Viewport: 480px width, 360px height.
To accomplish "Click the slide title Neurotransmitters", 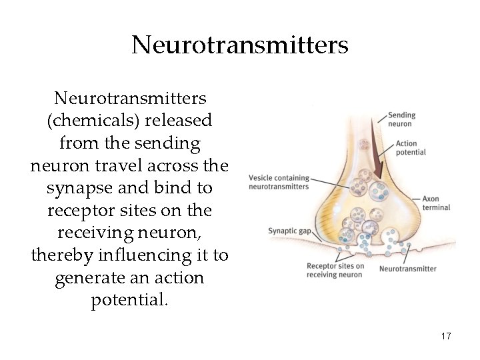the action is click(x=240, y=45).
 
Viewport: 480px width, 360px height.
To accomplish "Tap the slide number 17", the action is click(x=446, y=337).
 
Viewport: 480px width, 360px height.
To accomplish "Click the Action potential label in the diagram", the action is click(x=410, y=147).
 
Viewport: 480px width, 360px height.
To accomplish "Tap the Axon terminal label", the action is click(x=436, y=203).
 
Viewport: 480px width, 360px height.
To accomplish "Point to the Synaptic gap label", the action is click(x=290, y=231).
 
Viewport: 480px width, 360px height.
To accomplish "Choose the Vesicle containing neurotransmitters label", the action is click(x=279, y=182).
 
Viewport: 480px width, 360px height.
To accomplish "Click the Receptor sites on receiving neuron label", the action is click(x=335, y=271).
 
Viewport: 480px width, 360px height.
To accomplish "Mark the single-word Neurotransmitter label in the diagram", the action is click(x=407, y=269).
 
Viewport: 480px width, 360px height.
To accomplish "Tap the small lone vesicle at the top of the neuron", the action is click(x=363, y=145).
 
